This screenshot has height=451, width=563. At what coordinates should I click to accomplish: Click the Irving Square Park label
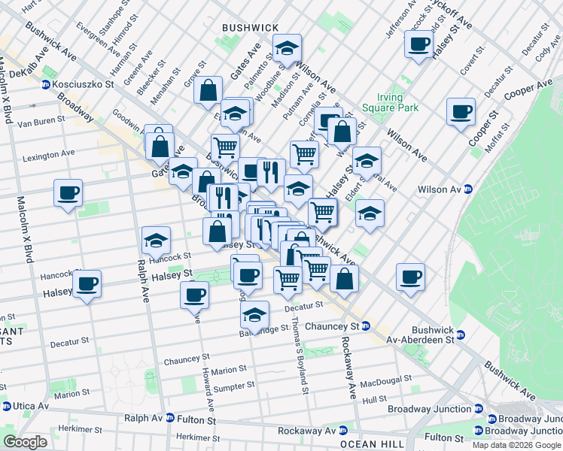point(397,103)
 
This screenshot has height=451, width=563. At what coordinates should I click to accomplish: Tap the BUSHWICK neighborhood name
point(250,27)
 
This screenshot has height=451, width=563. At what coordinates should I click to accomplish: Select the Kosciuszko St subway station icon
point(47,85)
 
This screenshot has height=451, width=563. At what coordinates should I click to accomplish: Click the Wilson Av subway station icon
point(467,189)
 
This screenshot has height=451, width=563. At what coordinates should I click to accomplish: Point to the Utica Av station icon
point(6,406)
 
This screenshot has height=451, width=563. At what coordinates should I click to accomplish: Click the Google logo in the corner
point(25,442)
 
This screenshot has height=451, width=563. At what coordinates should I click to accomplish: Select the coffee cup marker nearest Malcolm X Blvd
point(68,193)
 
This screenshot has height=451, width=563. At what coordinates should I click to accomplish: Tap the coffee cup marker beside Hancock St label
point(87,283)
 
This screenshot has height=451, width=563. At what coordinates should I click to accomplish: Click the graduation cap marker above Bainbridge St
point(255,314)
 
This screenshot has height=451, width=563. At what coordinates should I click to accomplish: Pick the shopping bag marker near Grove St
point(208,90)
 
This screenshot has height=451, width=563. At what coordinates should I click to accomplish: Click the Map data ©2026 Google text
point(516,445)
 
